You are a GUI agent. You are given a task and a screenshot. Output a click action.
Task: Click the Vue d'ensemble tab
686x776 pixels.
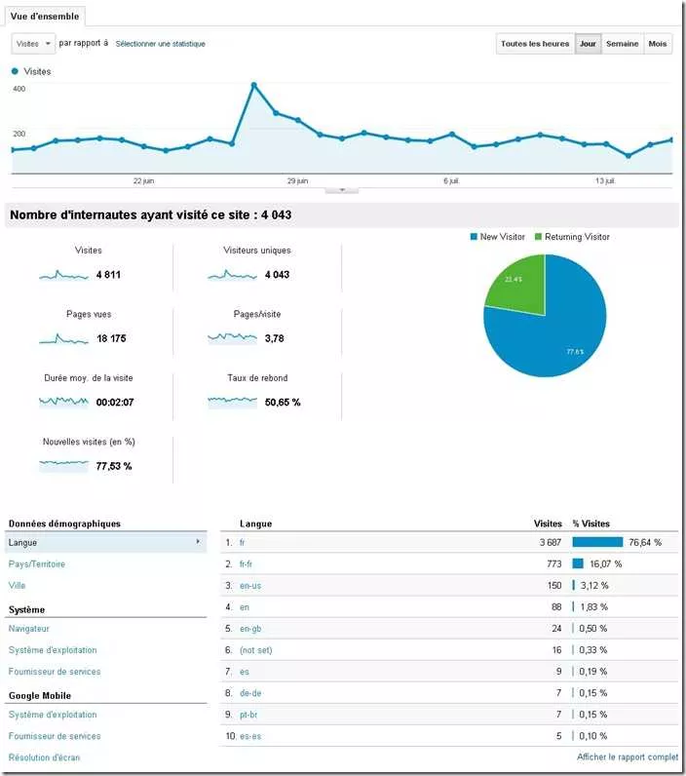(x=46, y=16)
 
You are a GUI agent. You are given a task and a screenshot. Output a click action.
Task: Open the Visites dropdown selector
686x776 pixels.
(x=33, y=44)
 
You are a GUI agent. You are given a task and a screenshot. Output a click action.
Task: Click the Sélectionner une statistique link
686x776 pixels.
(x=160, y=44)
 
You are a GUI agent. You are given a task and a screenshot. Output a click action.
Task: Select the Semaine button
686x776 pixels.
(x=622, y=44)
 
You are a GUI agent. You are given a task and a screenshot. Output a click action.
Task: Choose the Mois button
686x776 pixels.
(x=658, y=44)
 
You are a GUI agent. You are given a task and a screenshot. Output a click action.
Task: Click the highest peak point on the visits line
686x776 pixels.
(x=254, y=85)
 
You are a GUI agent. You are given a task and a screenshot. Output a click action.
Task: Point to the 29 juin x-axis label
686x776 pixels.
(x=297, y=180)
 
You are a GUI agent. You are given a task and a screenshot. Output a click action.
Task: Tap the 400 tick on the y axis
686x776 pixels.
(x=19, y=89)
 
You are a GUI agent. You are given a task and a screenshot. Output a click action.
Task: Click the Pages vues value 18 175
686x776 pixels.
(x=110, y=338)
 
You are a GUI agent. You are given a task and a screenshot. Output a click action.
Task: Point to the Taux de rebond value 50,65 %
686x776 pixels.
(x=283, y=402)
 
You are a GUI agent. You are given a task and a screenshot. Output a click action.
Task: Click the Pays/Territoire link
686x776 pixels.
(x=37, y=564)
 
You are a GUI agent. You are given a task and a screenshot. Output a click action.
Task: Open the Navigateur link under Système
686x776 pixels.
(x=29, y=629)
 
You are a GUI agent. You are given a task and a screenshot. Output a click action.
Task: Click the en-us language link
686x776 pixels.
(x=250, y=585)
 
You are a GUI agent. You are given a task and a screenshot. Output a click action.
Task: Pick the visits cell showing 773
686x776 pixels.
(x=552, y=563)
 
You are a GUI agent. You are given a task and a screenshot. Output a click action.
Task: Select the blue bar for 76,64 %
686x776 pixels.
(x=597, y=542)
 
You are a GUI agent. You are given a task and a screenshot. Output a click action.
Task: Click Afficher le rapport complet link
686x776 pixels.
(x=628, y=757)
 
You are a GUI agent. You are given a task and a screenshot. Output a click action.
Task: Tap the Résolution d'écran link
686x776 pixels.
(x=44, y=757)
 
